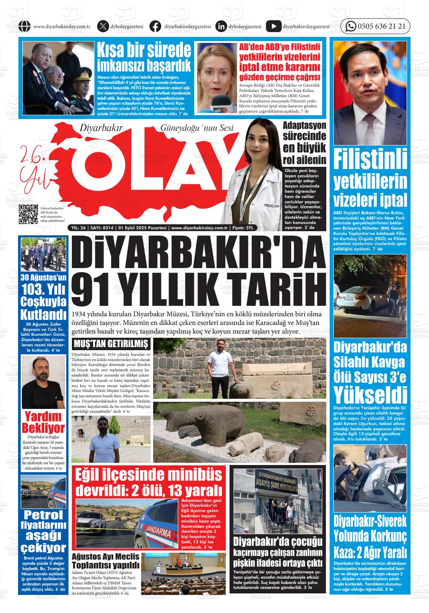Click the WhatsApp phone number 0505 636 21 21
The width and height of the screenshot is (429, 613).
pos(381,26)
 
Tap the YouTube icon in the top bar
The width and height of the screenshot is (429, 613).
pos(273,26)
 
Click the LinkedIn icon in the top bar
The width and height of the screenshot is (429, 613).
pos(221,26)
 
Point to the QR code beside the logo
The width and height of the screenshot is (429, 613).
pos(29,214)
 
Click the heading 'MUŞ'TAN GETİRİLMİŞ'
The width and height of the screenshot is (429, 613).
pos(111,344)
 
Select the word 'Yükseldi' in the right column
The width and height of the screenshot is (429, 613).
pos(370,395)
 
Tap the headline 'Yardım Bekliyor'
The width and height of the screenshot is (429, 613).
pos(43,422)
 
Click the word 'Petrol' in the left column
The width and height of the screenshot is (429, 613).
pos(43,515)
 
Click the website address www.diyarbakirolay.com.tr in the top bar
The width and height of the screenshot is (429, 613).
pos(62,26)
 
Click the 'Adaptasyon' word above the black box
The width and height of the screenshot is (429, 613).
pos(304,125)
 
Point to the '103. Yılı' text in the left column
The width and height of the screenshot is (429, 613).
pos(44,289)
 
